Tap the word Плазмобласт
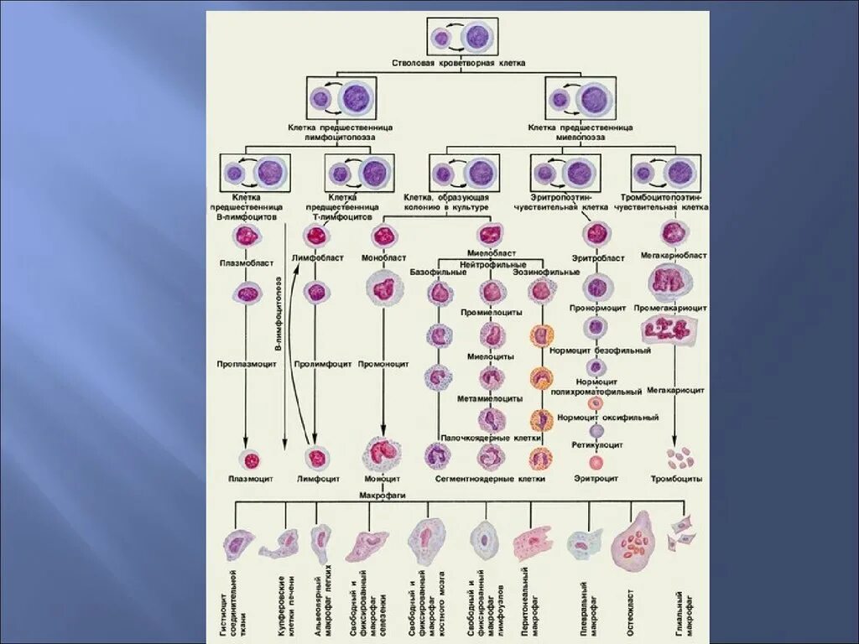click(x=245, y=262)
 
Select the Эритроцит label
click(x=596, y=478)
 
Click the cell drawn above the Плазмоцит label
click(x=249, y=459)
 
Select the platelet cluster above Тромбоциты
click(x=680, y=458)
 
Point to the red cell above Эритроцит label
click(x=596, y=462)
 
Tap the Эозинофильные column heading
click(x=552, y=273)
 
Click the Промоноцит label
click(x=383, y=365)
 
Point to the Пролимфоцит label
click(x=317, y=365)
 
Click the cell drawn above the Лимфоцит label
click(x=317, y=458)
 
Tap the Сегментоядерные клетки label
click(x=490, y=479)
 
